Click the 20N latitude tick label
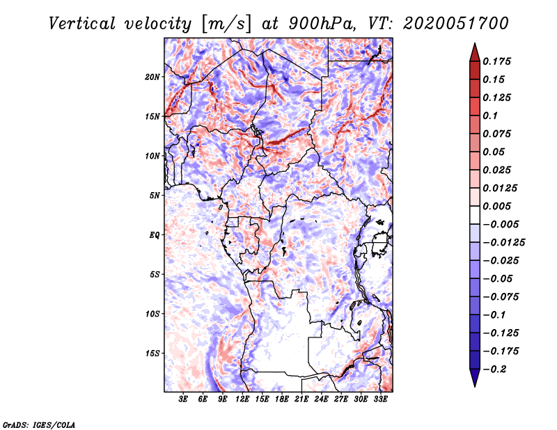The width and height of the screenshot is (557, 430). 152,77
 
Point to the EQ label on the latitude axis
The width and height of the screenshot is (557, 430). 155,234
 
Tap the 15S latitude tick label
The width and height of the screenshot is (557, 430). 152,353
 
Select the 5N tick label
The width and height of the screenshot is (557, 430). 155,195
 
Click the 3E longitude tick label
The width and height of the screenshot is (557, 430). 184,399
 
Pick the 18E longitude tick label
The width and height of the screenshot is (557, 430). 282,399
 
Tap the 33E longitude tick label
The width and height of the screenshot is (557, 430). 380,399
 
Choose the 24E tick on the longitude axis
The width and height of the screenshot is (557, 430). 321,399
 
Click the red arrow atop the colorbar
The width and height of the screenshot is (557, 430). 473,51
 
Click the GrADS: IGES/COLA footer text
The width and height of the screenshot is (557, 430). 39,424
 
